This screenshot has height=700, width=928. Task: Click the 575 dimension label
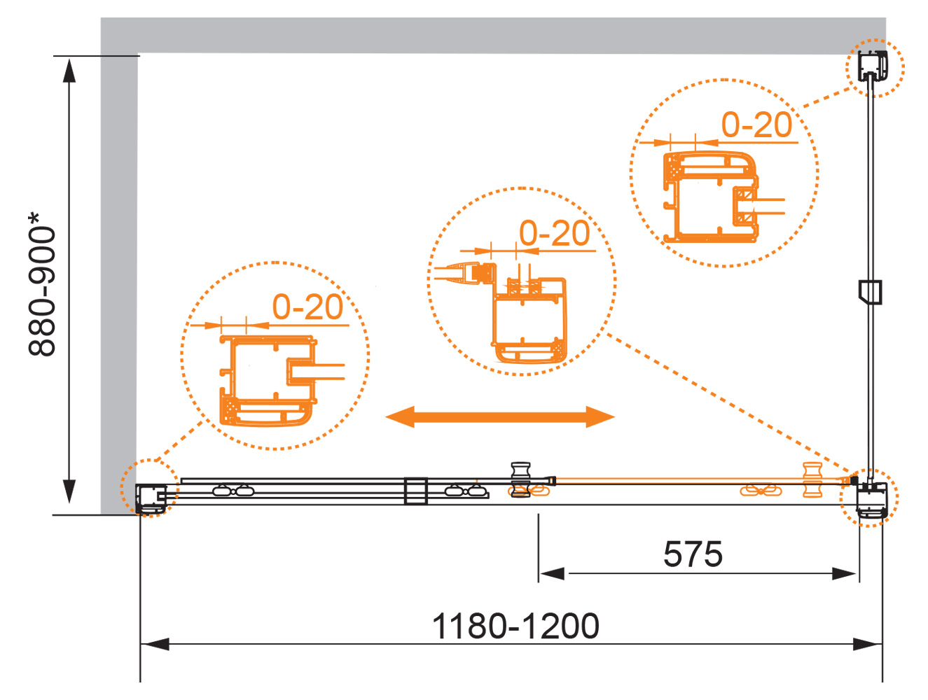pyautogui.click(x=693, y=554)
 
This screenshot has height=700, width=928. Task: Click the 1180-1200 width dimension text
pyautogui.click(x=515, y=626)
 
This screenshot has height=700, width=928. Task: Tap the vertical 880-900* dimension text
pyautogui.click(x=42, y=285)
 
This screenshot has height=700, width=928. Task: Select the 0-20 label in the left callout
pyautogui.click(x=307, y=307)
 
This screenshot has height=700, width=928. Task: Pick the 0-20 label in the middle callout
pyautogui.click(x=554, y=233)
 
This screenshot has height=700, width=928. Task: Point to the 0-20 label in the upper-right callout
pyautogui.click(x=756, y=125)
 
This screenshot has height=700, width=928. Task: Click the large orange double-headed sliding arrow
pyautogui.click(x=500, y=417)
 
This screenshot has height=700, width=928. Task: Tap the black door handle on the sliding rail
pyautogui.click(x=520, y=480)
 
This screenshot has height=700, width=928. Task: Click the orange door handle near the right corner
pyautogui.click(x=812, y=480)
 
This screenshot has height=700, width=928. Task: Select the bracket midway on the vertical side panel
pyautogui.click(x=870, y=292)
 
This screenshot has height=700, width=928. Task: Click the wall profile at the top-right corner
pyautogui.click(x=872, y=66)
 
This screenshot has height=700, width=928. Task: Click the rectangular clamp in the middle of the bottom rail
pyautogui.click(x=415, y=491)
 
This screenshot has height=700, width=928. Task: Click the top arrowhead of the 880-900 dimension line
pyautogui.click(x=69, y=70)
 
